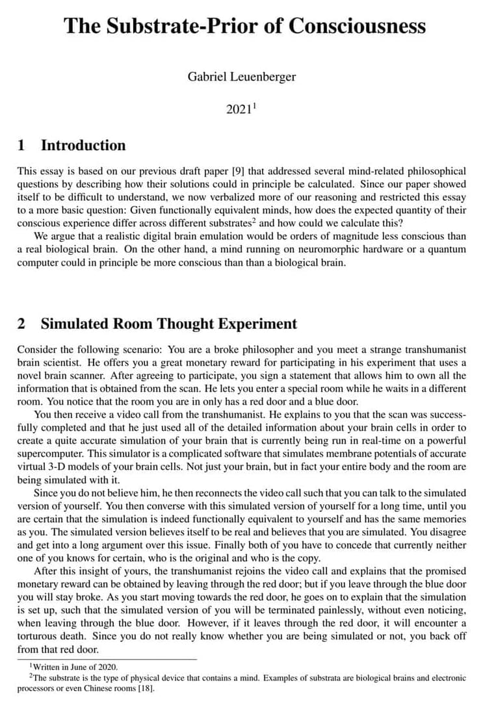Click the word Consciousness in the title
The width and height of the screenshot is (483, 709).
click(357, 26)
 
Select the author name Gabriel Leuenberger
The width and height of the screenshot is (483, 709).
click(241, 77)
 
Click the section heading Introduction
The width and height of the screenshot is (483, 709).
click(83, 145)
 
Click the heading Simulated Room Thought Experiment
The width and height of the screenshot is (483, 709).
click(168, 324)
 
